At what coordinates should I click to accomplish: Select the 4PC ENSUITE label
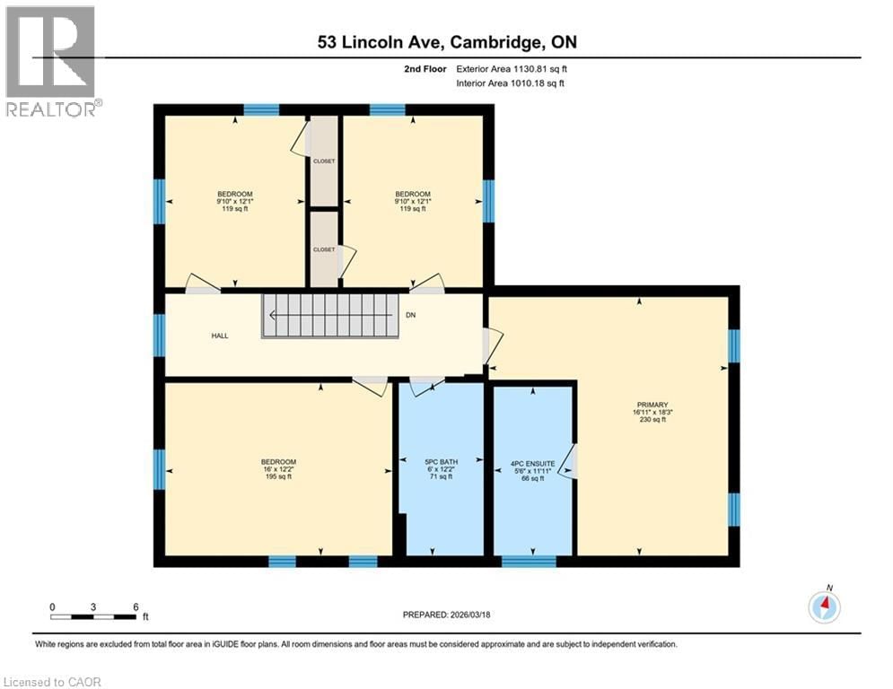532,464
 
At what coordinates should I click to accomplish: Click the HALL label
220,336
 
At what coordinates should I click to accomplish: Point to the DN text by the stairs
411,316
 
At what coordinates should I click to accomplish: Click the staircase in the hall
328,315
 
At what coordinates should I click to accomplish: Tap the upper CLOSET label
323,161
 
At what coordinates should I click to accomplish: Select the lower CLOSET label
323,249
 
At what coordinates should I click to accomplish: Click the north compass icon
824,607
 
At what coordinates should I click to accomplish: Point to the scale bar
93,616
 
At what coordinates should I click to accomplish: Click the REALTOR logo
52,60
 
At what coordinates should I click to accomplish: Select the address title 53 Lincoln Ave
446,43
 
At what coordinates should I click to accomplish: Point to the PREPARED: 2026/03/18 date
446,614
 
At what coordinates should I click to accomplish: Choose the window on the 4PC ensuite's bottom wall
528,562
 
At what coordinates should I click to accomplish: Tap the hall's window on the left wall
159,335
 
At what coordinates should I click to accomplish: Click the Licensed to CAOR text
52,682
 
